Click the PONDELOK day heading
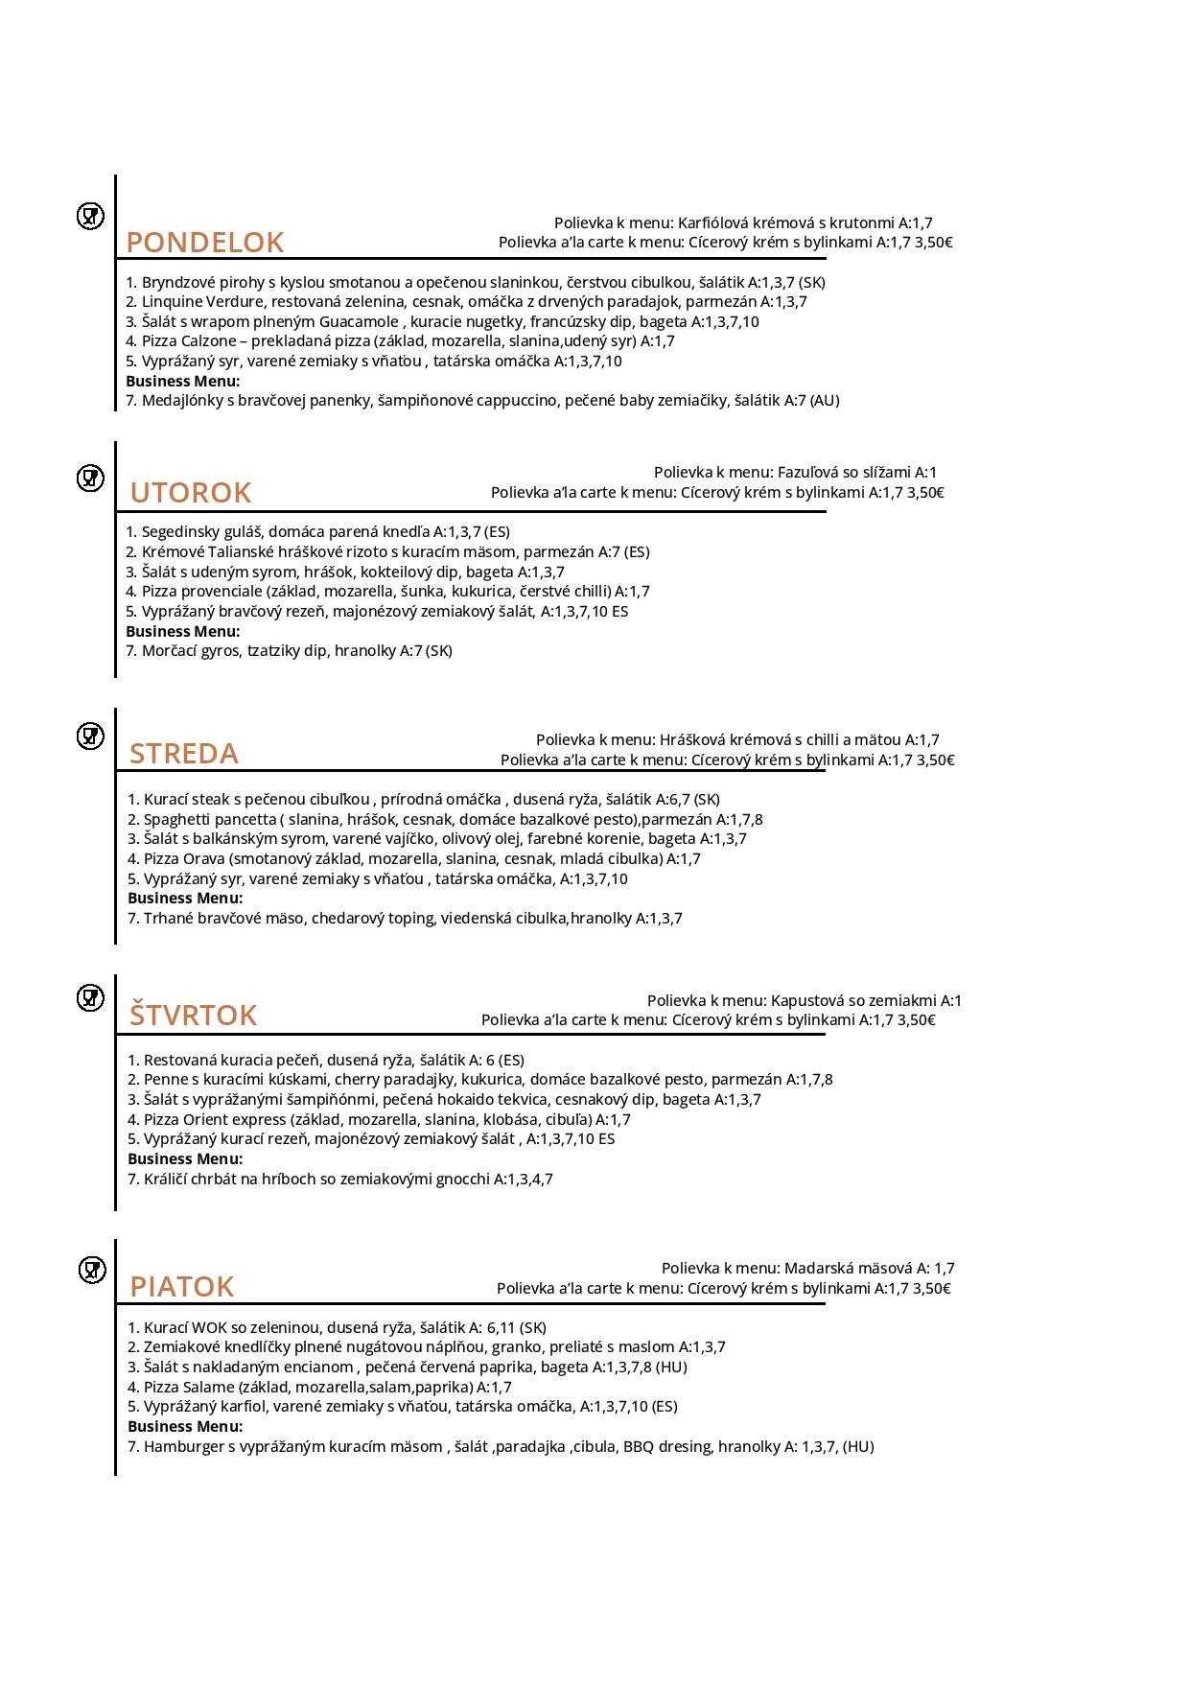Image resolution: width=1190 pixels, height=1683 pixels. (205, 243)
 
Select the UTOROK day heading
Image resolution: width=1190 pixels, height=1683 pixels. (191, 493)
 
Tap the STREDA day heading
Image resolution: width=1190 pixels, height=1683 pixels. (184, 754)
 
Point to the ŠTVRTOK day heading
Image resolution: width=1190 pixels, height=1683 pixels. (194, 1015)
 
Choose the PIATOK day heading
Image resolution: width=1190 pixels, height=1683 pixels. (182, 1287)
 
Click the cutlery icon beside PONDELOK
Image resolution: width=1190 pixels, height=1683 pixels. (90, 217)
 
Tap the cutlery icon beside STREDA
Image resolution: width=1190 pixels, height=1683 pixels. (90, 736)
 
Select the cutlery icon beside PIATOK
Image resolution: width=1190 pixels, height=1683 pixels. (92, 1271)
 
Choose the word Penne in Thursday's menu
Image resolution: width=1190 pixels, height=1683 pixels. (166, 1080)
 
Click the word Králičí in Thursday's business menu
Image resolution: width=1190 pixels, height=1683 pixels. (168, 1180)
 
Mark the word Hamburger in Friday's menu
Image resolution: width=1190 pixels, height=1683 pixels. (184, 1447)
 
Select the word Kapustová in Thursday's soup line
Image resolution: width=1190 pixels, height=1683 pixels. (805, 1001)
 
